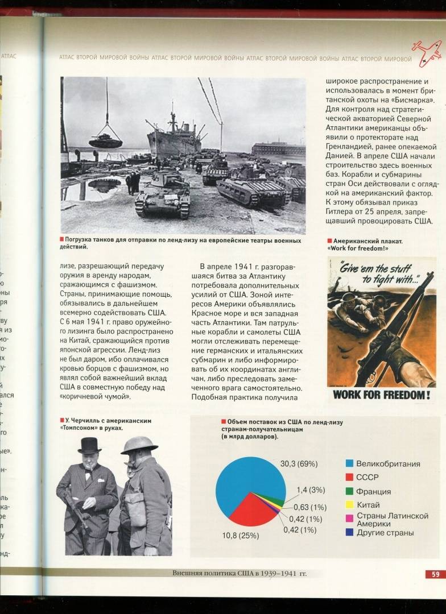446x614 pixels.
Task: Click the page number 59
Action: click(x=435, y=574)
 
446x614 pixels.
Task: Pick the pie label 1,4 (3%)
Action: click(x=311, y=490)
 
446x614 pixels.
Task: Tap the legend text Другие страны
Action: click(x=385, y=533)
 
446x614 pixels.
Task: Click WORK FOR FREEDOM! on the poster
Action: click(x=381, y=395)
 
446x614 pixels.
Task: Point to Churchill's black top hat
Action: click(x=89, y=445)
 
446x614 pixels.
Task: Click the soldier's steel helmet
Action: click(x=139, y=445)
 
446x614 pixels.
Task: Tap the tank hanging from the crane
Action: click(x=105, y=140)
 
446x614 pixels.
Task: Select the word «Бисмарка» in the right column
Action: click(x=414, y=101)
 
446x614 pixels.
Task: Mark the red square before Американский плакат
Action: click(x=330, y=241)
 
